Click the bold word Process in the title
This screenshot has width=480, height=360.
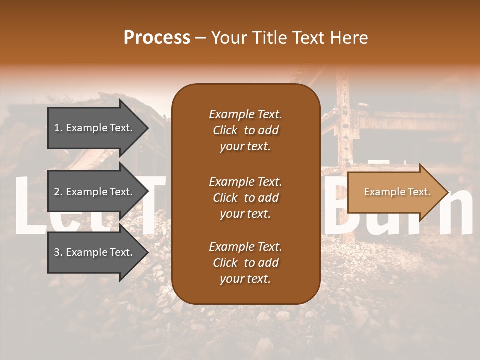tap(157, 38)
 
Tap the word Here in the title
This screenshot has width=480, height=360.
tap(349, 38)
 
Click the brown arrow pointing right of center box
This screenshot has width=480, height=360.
tap(395, 192)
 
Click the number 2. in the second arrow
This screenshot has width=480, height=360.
tap(58, 192)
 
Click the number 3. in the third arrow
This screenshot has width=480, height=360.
tap(58, 252)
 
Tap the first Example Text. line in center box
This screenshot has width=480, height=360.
tap(245, 114)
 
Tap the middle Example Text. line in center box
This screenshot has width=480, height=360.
tap(245, 182)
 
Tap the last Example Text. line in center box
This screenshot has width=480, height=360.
tap(245, 247)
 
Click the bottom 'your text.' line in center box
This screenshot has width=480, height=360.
tap(245, 279)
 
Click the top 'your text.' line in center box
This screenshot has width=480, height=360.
tap(245, 147)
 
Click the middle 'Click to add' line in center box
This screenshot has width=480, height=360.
tap(245, 198)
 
